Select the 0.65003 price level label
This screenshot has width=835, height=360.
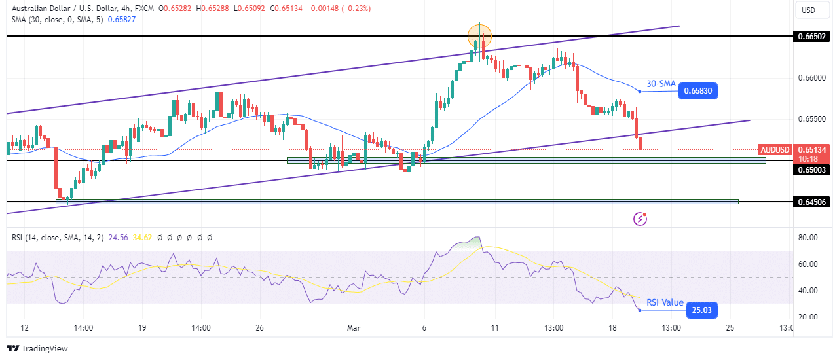click(x=810, y=170)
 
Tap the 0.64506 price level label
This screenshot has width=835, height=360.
click(x=810, y=202)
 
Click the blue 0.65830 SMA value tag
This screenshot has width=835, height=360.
click(x=699, y=91)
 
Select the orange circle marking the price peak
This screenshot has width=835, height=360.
click(x=479, y=35)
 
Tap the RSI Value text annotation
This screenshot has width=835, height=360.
click(x=665, y=302)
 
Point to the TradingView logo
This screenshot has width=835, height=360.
click(x=37, y=349)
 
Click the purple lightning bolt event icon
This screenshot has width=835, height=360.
click(x=640, y=219)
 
